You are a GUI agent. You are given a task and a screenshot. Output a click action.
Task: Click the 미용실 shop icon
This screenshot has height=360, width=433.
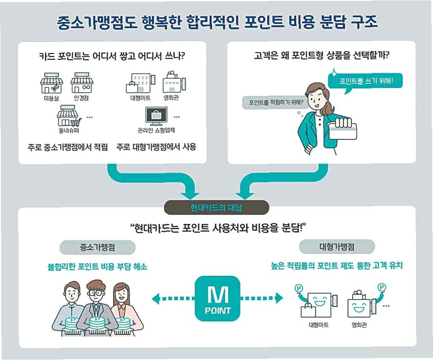point(51,82)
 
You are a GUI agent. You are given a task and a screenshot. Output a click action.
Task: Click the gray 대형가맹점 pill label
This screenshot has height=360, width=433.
point(337,246)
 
